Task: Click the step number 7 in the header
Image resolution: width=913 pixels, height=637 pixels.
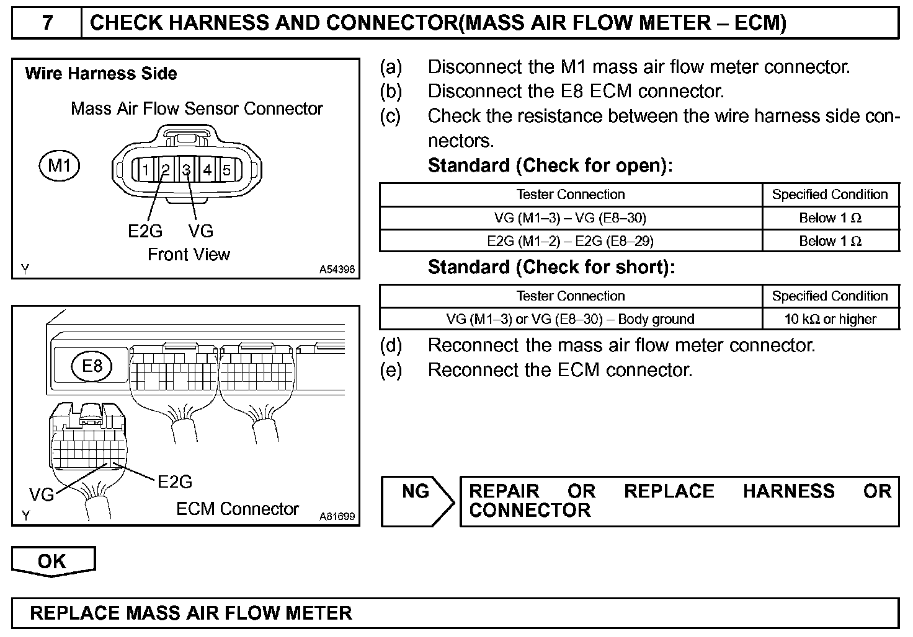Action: tap(47, 24)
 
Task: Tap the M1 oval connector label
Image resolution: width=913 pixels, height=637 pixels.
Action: tap(60, 166)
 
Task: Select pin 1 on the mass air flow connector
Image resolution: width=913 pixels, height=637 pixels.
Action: tap(145, 170)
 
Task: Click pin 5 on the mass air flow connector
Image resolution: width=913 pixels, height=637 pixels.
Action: tap(227, 170)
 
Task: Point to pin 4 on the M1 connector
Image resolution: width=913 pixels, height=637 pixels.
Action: tap(207, 170)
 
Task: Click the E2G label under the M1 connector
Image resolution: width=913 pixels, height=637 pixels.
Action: tap(145, 231)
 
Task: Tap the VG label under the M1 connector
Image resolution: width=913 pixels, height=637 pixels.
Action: tap(200, 231)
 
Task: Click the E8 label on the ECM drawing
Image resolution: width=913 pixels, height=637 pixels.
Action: tap(92, 366)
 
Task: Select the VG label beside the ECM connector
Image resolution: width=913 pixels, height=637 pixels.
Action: tap(42, 494)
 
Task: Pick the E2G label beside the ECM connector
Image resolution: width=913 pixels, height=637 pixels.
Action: tap(175, 481)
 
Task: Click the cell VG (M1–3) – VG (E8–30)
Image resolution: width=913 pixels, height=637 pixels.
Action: tap(570, 218)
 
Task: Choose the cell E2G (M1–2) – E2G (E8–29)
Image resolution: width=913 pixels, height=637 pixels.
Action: tap(570, 241)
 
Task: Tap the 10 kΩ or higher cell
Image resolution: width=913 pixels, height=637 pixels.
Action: tap(830, 319)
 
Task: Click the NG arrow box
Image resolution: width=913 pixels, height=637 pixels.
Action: tap(417, 501)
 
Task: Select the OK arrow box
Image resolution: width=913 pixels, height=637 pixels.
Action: tap(53, 561)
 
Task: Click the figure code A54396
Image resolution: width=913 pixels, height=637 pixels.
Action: tap(337, 270)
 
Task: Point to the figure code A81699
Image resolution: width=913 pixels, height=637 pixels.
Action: tap(337, 516)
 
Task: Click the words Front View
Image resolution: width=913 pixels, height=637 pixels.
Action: tap(189, 255)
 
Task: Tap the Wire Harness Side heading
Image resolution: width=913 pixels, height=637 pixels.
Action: tap(101, 74)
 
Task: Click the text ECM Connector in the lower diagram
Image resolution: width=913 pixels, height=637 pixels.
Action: tap(238, 509)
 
